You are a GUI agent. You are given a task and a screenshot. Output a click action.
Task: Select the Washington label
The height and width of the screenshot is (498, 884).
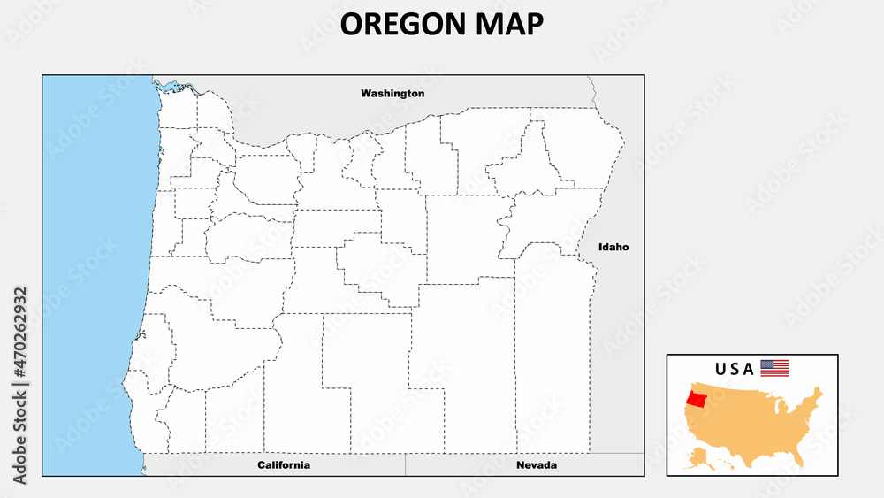click(392, 93)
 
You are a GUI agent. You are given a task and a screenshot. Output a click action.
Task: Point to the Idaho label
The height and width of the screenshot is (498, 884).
click(613, 247)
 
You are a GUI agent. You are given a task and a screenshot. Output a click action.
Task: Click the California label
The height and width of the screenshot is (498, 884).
click(284, 464)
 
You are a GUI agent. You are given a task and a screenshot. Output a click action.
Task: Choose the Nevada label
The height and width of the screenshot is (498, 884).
click(537, 464)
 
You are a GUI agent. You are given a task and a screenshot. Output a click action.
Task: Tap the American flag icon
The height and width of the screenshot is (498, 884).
click(774, 368)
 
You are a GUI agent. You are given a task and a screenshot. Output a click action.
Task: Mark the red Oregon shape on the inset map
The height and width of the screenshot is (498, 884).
click(697, 398)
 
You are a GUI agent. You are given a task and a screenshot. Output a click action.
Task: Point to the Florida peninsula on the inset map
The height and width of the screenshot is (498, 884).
click(801, 453)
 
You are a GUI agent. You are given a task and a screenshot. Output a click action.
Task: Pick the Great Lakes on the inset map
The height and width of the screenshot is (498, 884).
click(781, 406)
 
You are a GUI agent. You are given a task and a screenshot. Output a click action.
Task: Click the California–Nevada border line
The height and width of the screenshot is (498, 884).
click(406, 464)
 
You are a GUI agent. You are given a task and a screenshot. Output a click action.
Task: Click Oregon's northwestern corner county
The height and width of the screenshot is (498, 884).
click(178, 111)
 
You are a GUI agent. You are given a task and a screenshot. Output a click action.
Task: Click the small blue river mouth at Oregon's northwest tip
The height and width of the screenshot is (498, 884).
click(167, 86)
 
